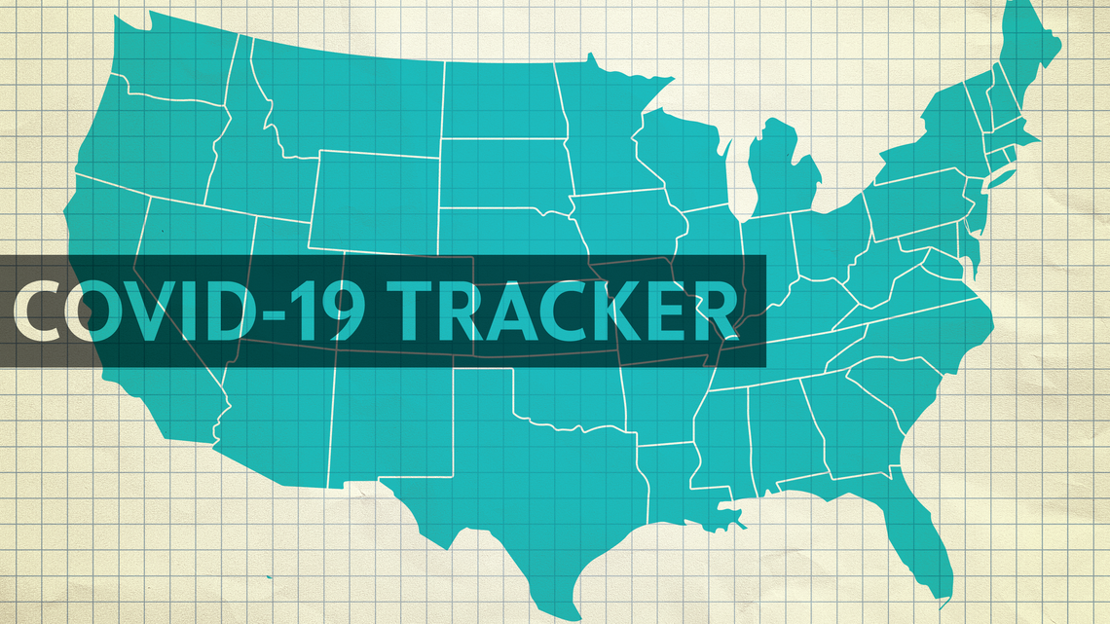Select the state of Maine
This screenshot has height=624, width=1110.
1027,54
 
